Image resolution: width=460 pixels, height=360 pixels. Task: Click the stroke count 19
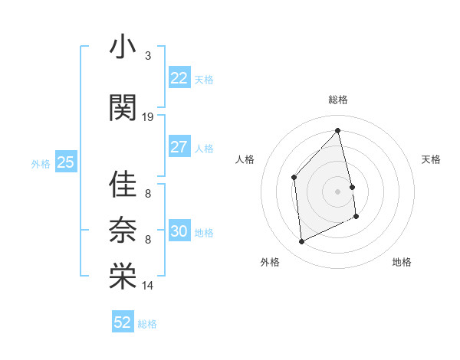(148, 117)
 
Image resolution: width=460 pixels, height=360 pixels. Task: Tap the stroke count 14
(148, 286)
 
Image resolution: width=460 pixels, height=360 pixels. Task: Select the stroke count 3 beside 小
(147, 56)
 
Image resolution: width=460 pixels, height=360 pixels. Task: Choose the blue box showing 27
(179, 147)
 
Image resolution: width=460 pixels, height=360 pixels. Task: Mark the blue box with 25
(65, 162)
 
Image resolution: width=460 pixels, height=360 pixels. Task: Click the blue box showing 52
(122, 323)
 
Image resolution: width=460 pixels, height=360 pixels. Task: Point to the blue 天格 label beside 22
(204, 80)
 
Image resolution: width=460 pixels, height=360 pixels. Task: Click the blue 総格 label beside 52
(147, 324)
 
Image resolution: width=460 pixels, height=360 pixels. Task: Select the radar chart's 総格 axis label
(338, 100)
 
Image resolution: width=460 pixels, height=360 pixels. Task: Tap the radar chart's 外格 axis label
(270, 263)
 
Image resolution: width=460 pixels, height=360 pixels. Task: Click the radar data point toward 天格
(352, 186)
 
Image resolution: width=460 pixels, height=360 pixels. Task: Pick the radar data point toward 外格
(302, 242)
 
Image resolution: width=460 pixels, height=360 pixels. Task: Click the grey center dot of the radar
(338, 191)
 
